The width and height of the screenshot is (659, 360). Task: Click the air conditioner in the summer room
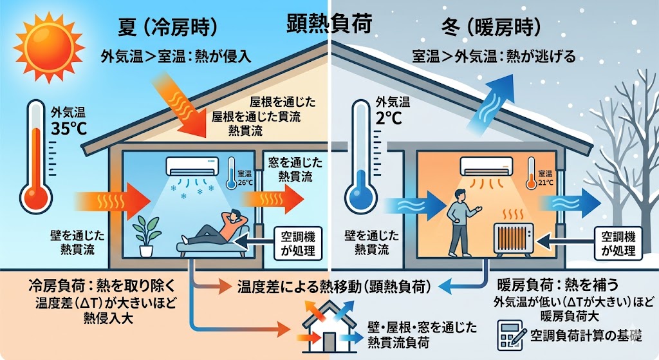pyautogui.click(x=194, y=167)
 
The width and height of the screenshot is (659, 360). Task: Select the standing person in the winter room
pyautogui.click(x=459, y=225)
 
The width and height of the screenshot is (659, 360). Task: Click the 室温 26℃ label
pyautogui.click(x=245, y=178)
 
